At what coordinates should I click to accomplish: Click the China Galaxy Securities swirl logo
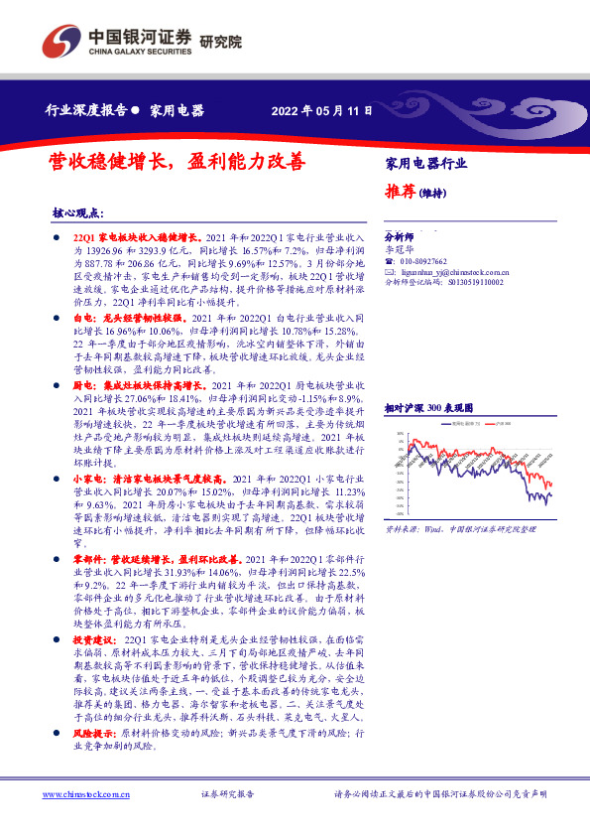tap(61, 41)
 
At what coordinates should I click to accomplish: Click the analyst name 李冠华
tap(397, 249)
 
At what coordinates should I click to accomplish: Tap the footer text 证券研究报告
tap(227, 794)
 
